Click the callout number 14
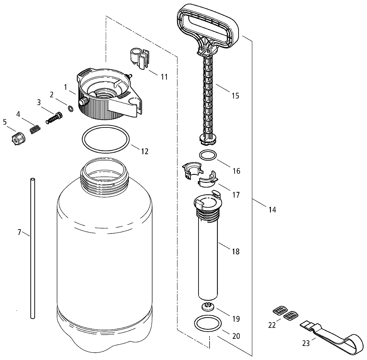[x=272, y=210]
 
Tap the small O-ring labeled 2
[x=70, y=108]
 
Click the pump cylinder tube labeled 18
[x=208, y=246]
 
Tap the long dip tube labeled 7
[x=33, y=248]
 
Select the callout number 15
[x=236, y=96]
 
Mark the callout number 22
[x=272, y=325]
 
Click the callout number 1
[x=66, y=87]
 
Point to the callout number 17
[x=236, y=195]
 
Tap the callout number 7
[x=19, y=232]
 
